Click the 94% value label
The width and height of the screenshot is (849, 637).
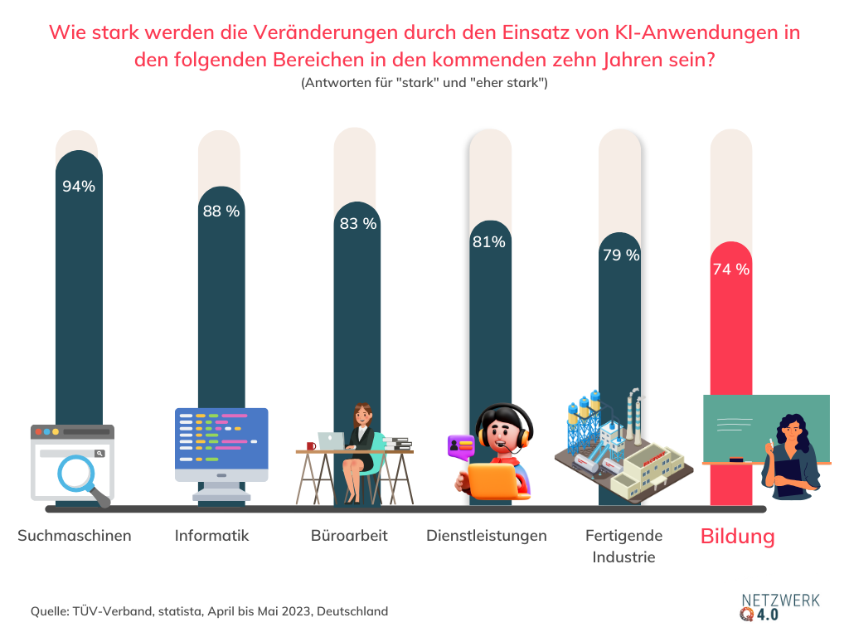coord(79,187)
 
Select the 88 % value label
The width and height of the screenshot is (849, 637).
coord(221,212)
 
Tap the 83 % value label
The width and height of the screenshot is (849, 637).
coord(357,224)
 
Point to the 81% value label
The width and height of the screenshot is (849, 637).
coord(488,242)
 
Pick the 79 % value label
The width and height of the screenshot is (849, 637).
coord(621,255)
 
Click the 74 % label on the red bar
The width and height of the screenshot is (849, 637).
coord(730,270)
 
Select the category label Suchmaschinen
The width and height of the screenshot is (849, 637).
coord(75,536)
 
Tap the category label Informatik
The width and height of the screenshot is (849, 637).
coord(211,536)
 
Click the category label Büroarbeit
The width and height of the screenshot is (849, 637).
coord(349,536)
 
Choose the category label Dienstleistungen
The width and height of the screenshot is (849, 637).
coord(487,536)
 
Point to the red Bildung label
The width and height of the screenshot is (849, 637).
coord(737,537)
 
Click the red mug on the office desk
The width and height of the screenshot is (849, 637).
coord(311,446)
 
